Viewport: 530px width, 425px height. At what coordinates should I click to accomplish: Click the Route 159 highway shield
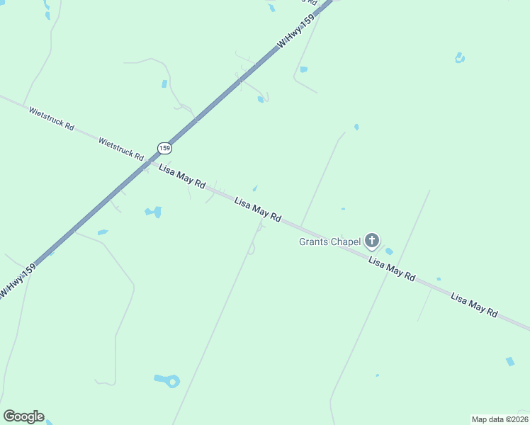coord(164,148)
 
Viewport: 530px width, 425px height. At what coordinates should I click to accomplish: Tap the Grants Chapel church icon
coord(372,241)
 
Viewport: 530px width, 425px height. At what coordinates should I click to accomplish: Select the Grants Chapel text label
coord(329,242)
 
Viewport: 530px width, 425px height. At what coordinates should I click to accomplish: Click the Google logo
coord(23,416)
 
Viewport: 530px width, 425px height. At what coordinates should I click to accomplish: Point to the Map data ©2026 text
coord(500,419)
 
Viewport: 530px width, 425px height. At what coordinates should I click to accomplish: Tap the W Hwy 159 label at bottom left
coord(18,282)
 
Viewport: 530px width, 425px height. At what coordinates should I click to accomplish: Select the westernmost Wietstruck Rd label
coord(51,117)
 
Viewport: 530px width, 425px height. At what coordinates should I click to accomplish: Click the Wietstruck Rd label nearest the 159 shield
coord(121,148)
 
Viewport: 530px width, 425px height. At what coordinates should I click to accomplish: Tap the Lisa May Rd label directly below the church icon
coord(391,270)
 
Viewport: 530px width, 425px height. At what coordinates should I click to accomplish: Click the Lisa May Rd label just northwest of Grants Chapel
coord(258,210)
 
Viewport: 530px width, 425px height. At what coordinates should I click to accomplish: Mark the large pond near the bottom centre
coord(168,380)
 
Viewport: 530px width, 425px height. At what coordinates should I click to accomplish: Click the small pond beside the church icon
coord(389,251)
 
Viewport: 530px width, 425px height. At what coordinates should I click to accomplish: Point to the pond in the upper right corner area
coord(459,57)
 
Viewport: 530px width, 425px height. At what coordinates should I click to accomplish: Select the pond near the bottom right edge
coord(510,361)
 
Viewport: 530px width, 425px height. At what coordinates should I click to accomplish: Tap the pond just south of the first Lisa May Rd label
coord(153,211)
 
